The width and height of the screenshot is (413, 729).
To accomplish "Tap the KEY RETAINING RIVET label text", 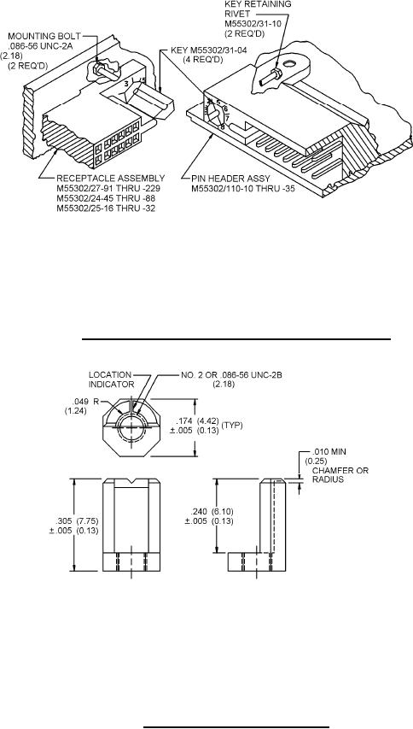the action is tap(258, 9).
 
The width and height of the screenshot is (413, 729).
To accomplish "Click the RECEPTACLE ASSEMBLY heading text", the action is tap(110, 178).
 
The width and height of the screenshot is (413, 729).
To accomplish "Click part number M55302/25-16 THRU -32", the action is tap(106, 209).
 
